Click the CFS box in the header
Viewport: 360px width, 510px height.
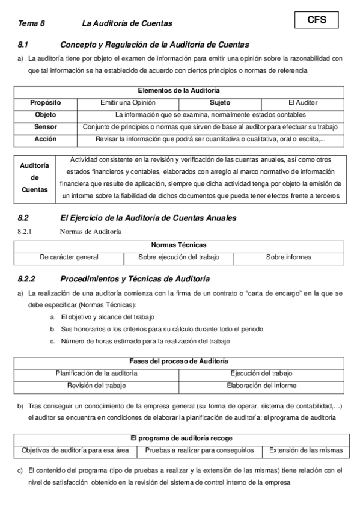click(x=317, y=20)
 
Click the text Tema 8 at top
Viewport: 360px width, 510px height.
click(x=31, y=23)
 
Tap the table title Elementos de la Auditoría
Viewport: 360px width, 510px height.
click(x=178, y=91)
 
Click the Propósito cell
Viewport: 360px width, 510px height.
click(x=46, y=103)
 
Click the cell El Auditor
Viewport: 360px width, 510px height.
click(x=303, y=103)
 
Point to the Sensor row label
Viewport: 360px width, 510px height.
click(x=46, y=127)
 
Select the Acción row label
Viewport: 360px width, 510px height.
click(x=46, y=139)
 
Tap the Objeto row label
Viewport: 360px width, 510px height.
click(x=46, y=115)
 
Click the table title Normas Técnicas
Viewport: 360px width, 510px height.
click(x=178, y=245)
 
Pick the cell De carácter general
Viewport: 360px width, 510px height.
click(x=69, y=257)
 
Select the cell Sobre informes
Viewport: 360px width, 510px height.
click(x=288, y=257)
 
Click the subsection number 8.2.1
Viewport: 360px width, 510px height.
click(x=28, y=231)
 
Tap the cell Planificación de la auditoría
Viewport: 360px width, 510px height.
click(x=97, y=373)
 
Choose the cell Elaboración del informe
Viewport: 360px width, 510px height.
click(x=261, y=386)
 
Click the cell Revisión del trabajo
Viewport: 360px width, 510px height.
click(x=97, y=386)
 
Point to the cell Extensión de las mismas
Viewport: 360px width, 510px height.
click(x=305, y=450)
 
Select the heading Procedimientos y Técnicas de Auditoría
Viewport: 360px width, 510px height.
click(x=135, y=279)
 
